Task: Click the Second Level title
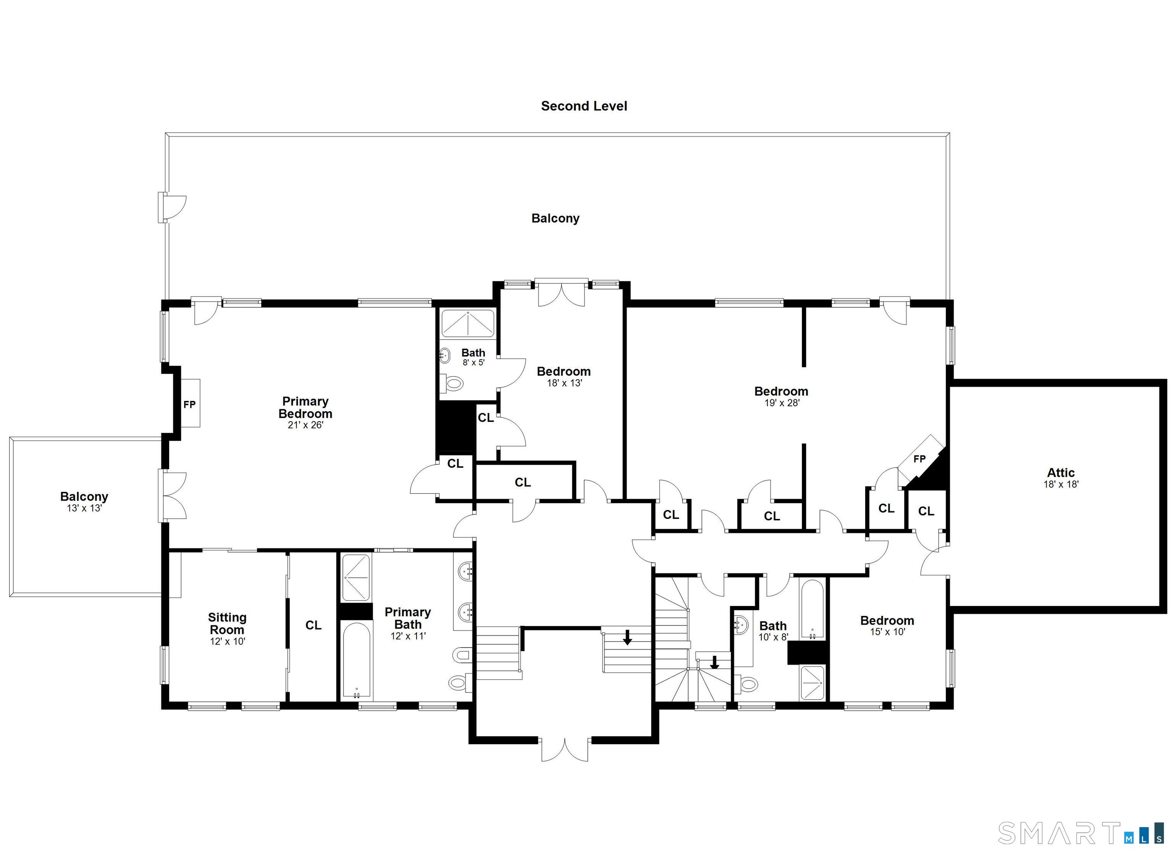584,106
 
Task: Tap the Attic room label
1061,472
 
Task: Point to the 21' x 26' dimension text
305,425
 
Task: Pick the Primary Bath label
407,618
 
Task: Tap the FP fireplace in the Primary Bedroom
189,404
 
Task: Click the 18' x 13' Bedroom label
564,372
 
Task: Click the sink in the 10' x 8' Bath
741,625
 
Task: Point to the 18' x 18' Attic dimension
1061,484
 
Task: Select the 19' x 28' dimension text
782,402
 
